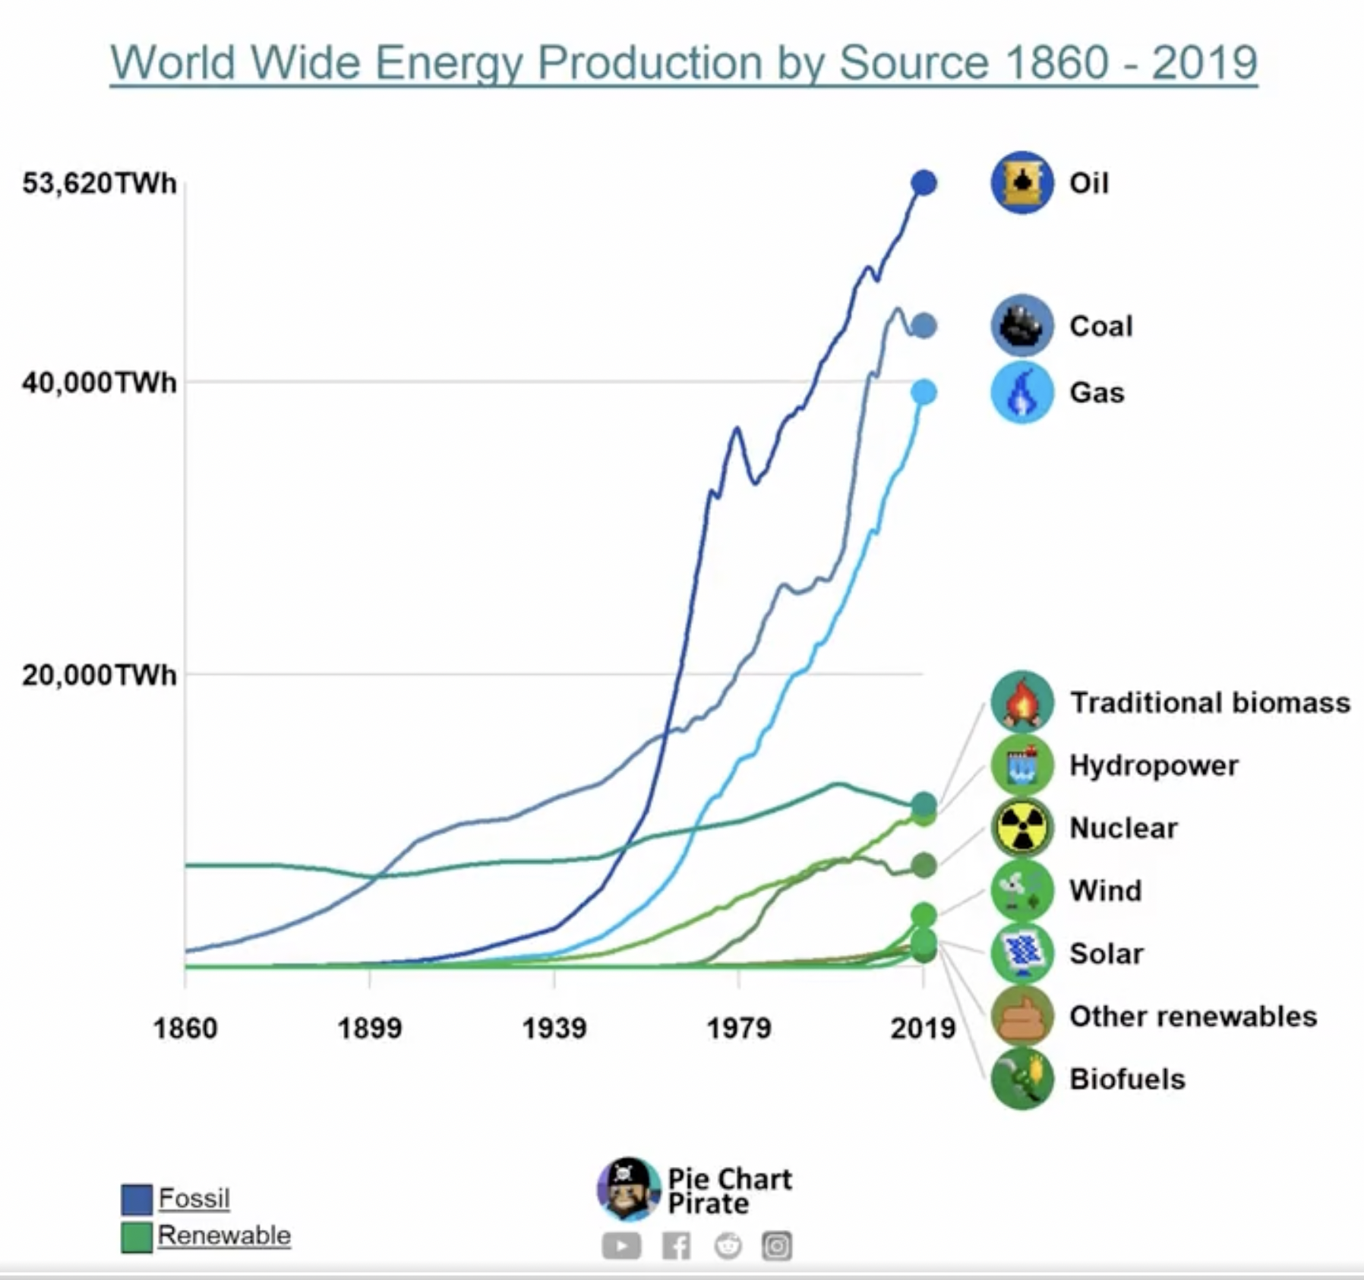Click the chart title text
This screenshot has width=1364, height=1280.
[684, 62]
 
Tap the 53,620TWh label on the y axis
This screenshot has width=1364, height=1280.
[99, 183]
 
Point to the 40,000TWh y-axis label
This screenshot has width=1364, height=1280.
[99, 382]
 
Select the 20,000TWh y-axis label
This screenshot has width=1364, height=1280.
[99, 675]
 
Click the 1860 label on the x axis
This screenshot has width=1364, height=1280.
[185, 1028]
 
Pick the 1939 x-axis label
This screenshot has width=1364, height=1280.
[554, 1028]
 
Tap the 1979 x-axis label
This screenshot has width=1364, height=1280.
[739, 1028]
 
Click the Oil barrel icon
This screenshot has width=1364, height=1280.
[1022, 183]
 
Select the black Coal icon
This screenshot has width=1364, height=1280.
[1022, 326]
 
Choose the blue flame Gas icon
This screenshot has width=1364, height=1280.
[1022, 393]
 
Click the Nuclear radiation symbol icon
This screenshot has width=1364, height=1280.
[1022, 828]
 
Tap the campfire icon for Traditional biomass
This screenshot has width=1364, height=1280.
[1022, 702]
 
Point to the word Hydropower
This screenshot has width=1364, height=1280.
[1154, 765]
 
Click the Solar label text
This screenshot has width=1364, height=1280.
[1107, 954]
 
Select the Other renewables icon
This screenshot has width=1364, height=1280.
[1022, 1016]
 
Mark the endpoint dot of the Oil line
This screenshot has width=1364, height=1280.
[924, 183]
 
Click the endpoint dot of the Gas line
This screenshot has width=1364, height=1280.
[924, 393]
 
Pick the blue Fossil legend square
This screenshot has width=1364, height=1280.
[137, 1200]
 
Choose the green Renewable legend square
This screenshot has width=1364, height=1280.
[137, 1237]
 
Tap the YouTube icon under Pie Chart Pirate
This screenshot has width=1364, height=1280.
[621, 1246]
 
